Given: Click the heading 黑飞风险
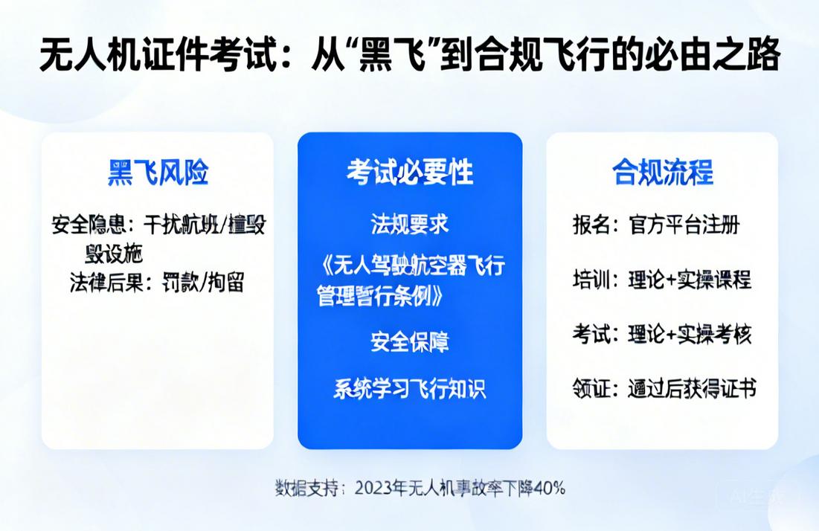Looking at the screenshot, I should click(158, 173).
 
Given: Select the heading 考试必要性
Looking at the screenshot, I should click(410, 173).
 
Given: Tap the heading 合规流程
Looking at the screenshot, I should click(662, 173).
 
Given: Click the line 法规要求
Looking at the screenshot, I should click(410, 223).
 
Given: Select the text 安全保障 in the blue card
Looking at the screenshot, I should click(410, 342).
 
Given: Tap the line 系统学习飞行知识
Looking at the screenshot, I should click(410, 388).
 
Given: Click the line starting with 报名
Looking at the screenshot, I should click(655, 224).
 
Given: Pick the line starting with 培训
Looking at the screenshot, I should click(661, 279).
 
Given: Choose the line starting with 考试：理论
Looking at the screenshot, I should click(661, 334).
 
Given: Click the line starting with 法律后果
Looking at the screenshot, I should click(157, 283).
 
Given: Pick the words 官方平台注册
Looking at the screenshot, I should click(684, 224).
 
